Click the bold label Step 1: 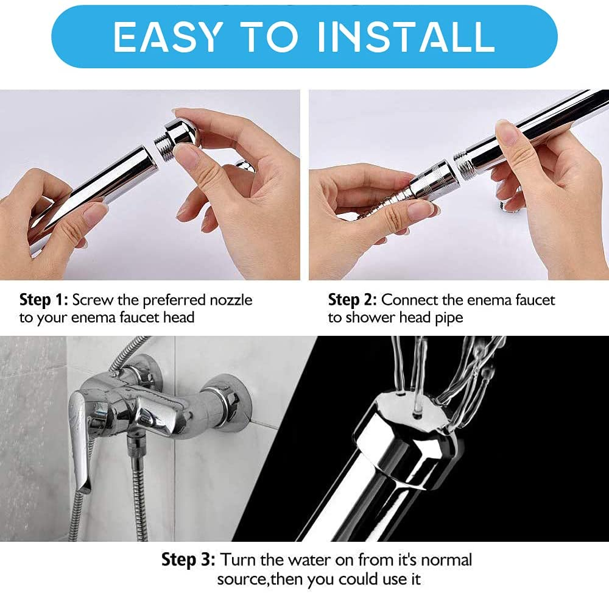click(44, 300)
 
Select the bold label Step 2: click(353, 300)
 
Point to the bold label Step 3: click(188, 559)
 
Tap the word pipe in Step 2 click(448, 318)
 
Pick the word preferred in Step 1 click(166, 300)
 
